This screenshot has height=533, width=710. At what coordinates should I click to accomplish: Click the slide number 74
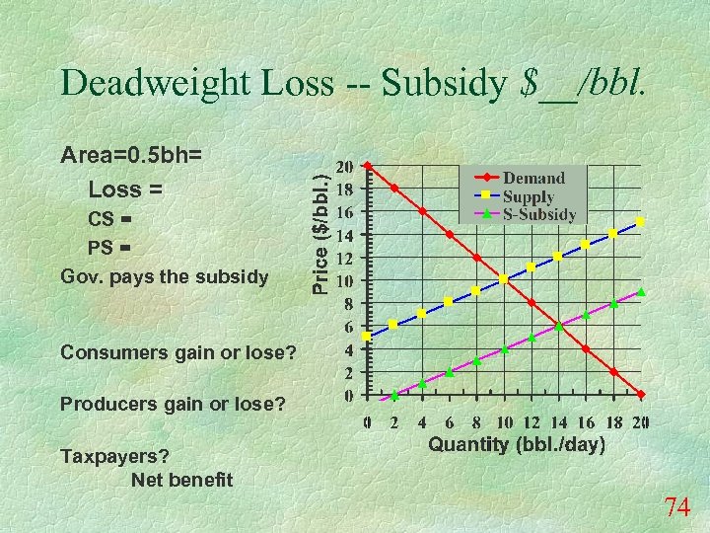[676, 507]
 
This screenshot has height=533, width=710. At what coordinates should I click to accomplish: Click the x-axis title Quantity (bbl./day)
[516, 444]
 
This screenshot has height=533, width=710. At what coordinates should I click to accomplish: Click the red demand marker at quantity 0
[367, 165]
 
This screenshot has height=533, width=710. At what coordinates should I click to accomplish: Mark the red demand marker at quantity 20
[641, 395]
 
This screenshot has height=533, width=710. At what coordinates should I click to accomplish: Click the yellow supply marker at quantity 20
[641, 222]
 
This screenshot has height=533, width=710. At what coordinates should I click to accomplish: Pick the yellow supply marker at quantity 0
[367, 337]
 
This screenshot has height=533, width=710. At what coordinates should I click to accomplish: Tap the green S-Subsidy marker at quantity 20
[641, 292]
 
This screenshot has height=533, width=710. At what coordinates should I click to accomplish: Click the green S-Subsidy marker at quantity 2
[394, 395]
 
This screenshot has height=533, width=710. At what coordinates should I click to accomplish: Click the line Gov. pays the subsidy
[164, 276]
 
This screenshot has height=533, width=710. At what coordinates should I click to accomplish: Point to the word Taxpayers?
[114, 456]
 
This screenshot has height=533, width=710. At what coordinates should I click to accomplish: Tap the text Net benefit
[181, 480]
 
